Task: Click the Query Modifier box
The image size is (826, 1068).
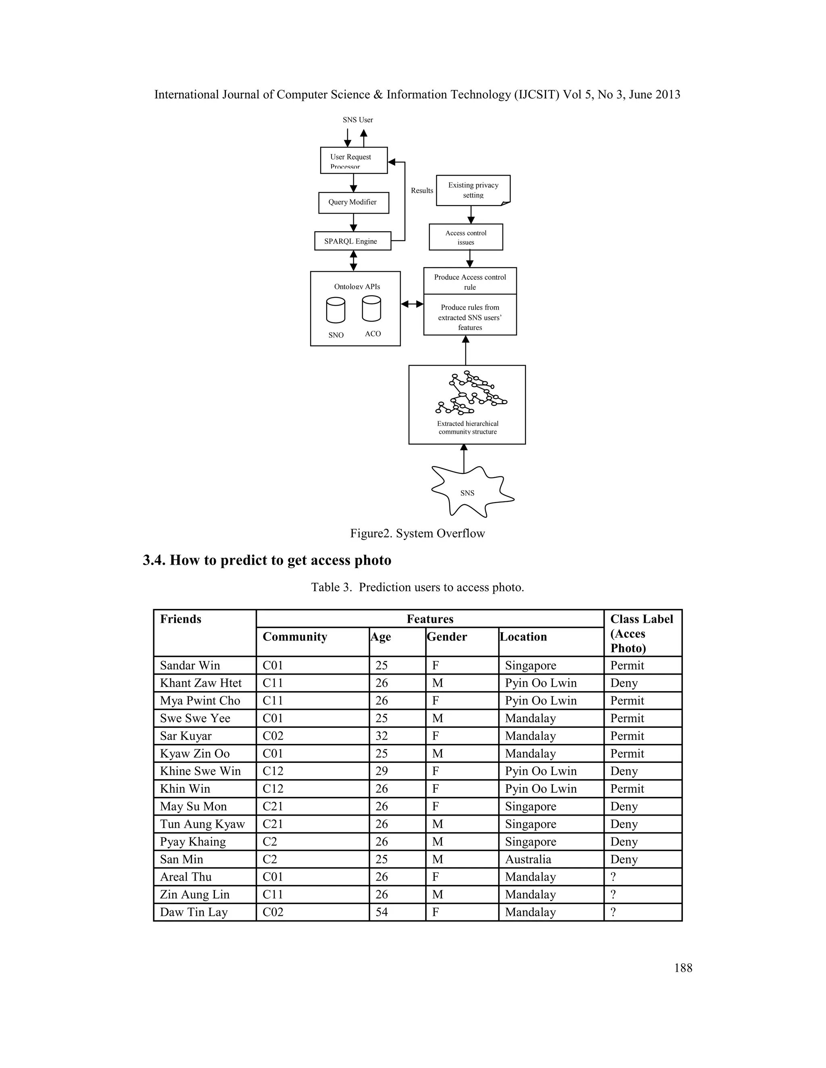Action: coord(353,202)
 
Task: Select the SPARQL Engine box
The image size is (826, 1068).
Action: coord(353,241)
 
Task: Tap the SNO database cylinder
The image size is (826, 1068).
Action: coord(336,311)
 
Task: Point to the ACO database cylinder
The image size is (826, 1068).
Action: coord(371,309)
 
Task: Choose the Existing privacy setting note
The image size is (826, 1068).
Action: coord(473,190)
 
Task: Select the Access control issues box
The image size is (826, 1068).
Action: coord(466,237)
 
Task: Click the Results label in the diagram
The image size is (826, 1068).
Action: coord(422,191)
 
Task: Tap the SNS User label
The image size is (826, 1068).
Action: coord(358,120)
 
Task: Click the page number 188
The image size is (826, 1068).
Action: coord(683,968)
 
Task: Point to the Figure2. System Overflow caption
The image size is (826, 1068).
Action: coord(417,534)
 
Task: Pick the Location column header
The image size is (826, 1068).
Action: coord(523,637)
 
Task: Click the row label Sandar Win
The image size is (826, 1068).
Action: coord(190,665)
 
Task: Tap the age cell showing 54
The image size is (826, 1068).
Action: coord(382,912)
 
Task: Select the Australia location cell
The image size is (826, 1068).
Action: coord(528,859)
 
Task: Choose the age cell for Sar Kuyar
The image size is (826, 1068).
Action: coord(382,736)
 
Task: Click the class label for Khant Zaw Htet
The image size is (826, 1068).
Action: coord(624,683)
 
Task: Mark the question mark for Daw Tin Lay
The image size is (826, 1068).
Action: coord(613,912)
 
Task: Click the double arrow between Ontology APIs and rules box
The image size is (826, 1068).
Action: coord(412,304)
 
